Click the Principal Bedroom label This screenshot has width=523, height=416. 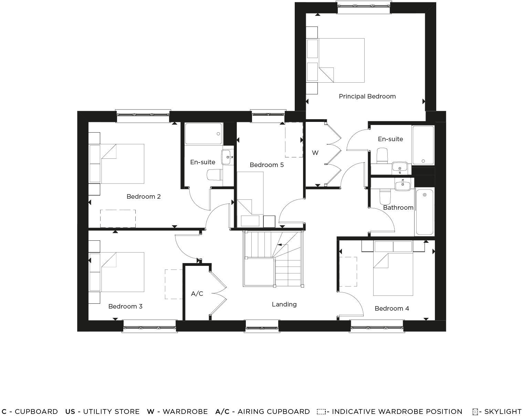[367, 96]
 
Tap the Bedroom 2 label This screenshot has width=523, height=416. [144, 197]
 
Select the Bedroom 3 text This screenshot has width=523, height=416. [125, 306]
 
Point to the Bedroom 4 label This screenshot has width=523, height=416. [392, 309]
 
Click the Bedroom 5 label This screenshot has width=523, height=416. [266, 165]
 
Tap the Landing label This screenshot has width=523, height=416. [284, 304]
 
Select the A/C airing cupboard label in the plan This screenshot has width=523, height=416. [197, 294]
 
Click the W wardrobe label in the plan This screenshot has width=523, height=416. [315, 153]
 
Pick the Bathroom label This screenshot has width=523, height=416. [398, 208]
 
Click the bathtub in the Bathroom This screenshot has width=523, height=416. [425, 212]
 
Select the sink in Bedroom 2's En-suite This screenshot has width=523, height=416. [227, 157]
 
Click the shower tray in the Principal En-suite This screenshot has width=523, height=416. [423, 145]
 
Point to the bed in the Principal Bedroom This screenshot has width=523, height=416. [342, 60]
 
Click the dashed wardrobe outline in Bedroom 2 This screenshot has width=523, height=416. [118, 218]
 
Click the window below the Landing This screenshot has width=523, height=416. [262, 326]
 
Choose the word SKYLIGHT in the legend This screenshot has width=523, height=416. [503, 412]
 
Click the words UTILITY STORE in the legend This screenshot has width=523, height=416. [111, 412]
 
